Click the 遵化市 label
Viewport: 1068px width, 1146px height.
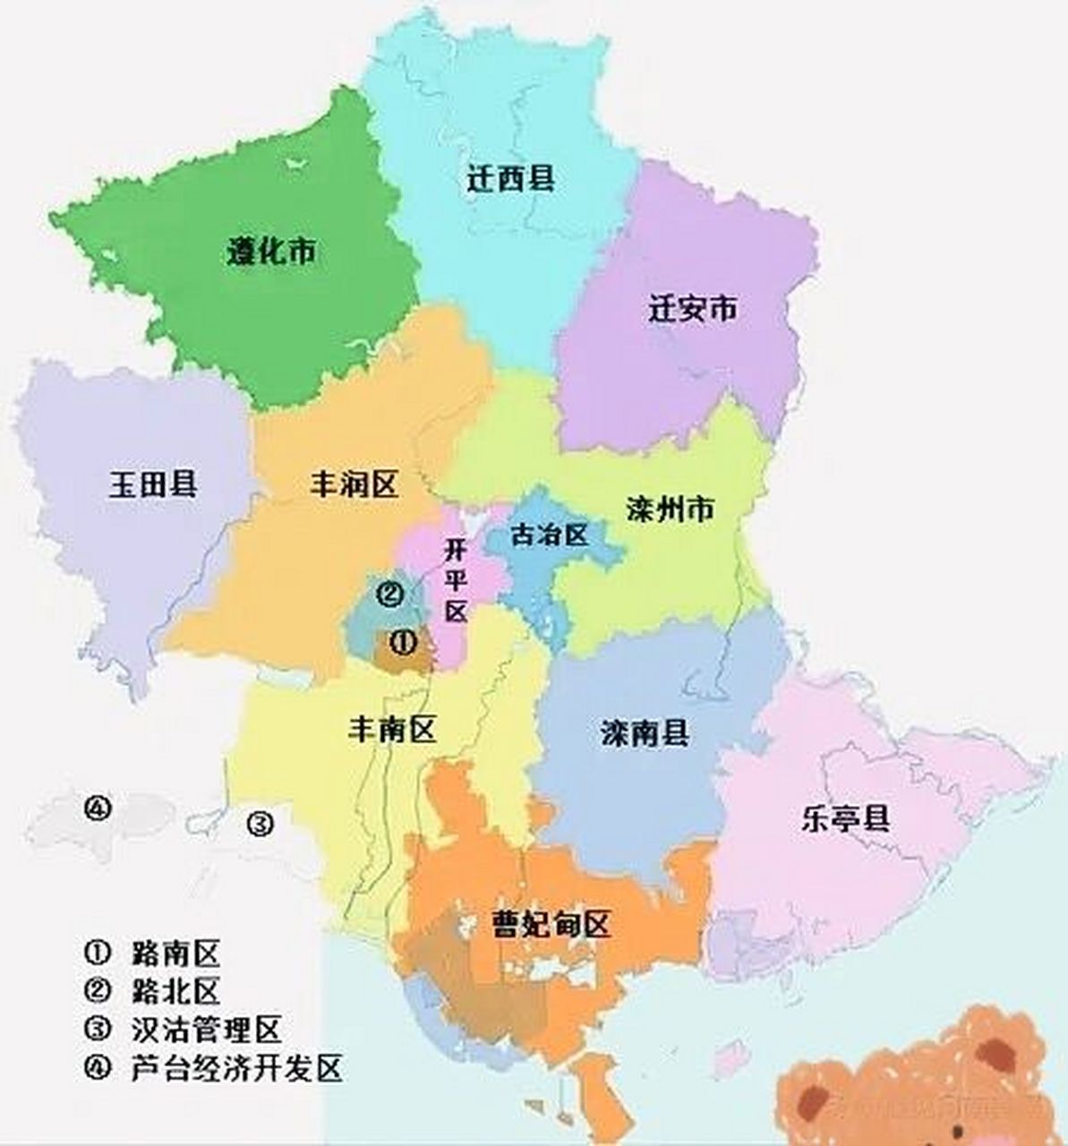coord(270,253)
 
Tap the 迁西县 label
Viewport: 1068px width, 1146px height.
coord(510,178)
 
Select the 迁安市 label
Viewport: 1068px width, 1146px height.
coord(693,310)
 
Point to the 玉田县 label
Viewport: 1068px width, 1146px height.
coord(153,484)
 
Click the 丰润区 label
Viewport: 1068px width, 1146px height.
coord(353,485)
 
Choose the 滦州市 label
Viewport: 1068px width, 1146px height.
coord(671,509)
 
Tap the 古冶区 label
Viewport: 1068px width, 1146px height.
coord(548,535)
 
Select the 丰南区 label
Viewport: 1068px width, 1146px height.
coord(391,730)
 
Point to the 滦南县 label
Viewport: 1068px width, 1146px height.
coord(645,734)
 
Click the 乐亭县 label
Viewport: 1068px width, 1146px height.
coord(845,818)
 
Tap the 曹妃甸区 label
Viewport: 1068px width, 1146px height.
coord(551,923)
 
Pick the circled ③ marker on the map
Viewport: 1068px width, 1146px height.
coord(259,822)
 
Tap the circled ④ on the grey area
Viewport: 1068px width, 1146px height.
coord(98,808)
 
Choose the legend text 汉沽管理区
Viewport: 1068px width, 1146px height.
coord(206,1029)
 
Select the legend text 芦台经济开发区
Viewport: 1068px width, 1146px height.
coord(236,1068)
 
